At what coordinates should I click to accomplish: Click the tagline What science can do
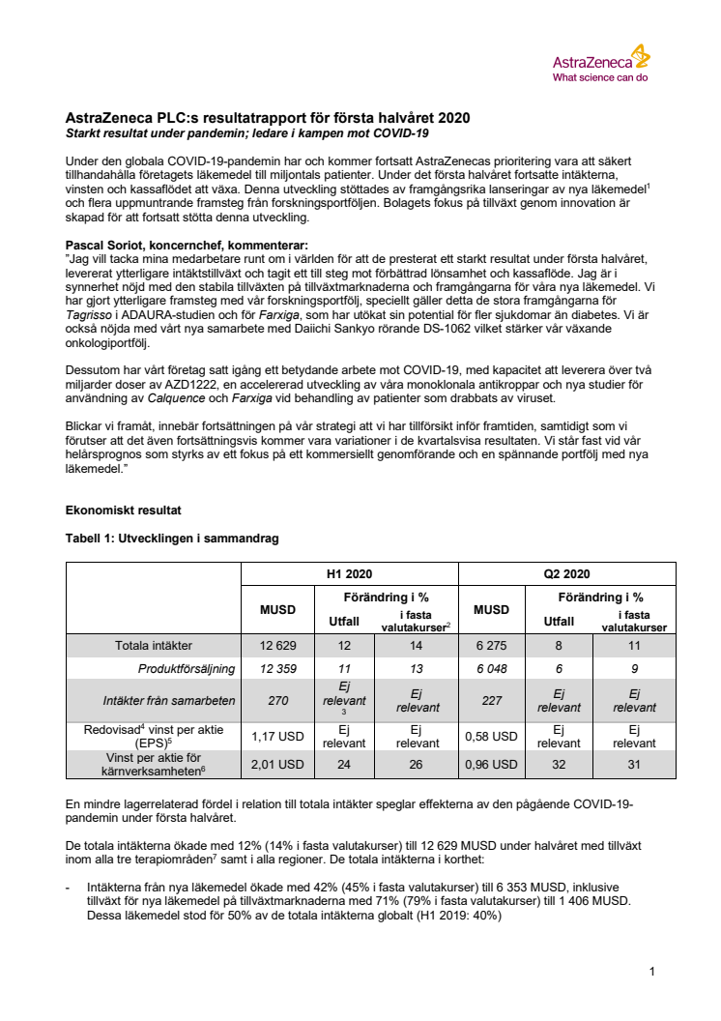pyautogui.click(x=599, y=76)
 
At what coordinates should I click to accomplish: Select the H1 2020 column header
pyautogui.click(x=349, y=572)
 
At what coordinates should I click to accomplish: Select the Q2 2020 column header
pyautogui.click(x=567, y=572)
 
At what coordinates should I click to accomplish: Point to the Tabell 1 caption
pyautogui.click(x=171, y=539)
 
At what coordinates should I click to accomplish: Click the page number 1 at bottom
pyautogui.click(x=652, y=971)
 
